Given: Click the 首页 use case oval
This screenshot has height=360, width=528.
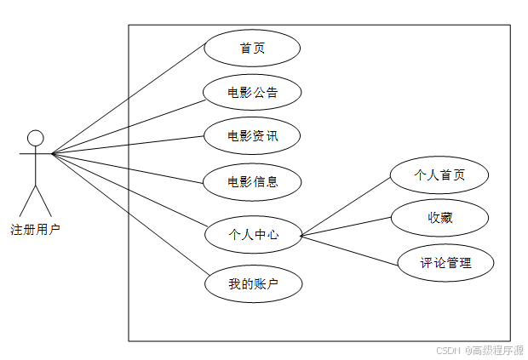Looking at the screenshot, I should point(252,49).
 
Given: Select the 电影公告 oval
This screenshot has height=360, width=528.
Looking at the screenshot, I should point(252,92).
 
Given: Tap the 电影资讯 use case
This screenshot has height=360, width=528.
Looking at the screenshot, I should point(252,136).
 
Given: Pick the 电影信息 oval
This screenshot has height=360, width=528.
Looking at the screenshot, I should point(252,180).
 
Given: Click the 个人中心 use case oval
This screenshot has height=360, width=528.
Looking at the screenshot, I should point(253,234).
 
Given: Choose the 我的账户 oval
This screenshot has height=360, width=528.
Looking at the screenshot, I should point(253,284).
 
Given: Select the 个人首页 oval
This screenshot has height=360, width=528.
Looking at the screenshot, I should point(439,175).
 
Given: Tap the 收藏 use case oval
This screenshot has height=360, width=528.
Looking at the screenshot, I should point(439,218).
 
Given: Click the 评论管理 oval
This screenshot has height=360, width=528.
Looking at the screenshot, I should point(445,262).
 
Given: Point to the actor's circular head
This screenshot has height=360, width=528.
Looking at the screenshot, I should point(35,138).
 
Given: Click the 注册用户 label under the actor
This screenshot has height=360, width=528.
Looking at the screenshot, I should point(35,229).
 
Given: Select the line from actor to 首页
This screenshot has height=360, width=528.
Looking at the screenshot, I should point(128,101).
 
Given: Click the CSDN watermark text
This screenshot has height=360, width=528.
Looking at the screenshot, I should point(479,349).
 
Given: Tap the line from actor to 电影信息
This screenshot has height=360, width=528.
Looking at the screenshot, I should point(128,167).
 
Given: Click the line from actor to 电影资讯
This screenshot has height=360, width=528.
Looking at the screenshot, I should point(128,145).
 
